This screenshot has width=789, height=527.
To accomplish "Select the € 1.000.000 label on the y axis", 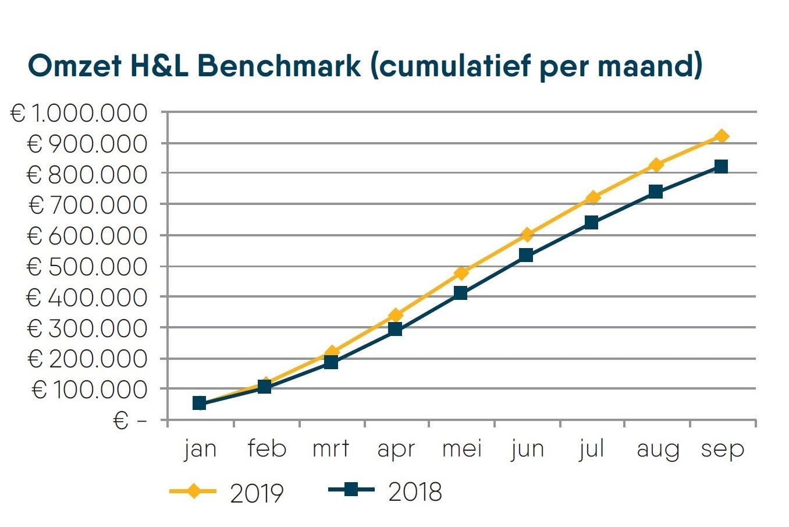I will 79,113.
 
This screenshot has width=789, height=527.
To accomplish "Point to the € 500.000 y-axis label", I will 87,267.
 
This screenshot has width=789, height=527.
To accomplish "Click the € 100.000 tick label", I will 90,390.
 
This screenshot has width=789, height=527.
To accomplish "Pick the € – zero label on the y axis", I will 130,420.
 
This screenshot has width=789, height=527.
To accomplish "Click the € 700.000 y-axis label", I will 87,205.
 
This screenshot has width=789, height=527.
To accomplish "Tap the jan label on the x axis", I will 200,449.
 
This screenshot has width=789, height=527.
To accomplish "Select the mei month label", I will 462,449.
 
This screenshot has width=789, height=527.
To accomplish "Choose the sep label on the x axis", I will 722,449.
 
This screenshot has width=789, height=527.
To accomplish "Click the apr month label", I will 396,449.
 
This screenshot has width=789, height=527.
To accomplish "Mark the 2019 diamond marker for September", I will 722,136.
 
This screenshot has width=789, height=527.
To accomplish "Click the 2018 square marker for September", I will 721,167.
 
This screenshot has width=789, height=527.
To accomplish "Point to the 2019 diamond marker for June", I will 527,235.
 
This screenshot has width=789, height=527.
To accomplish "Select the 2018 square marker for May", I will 460,293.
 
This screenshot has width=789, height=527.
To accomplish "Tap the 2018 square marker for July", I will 591,222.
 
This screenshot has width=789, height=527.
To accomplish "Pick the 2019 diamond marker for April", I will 396,316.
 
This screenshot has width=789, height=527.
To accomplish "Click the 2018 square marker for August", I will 656,192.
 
